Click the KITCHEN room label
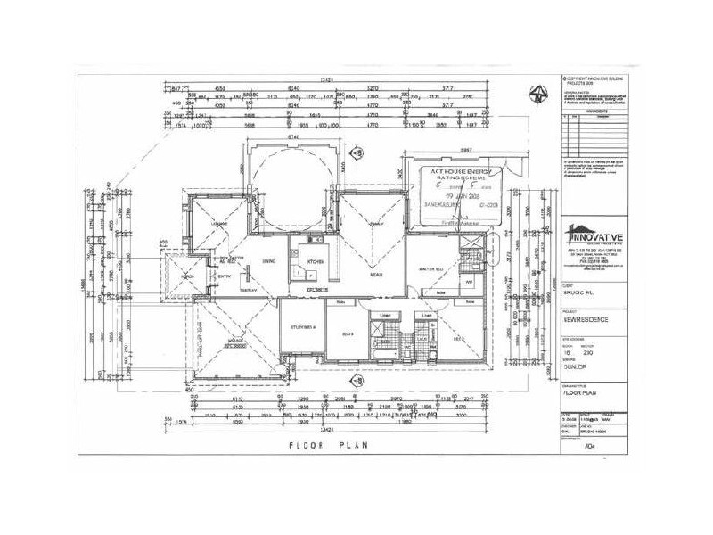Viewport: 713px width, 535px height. coord(314,261)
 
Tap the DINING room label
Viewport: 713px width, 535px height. coord(267,261)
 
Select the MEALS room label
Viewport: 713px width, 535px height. coord(376,276)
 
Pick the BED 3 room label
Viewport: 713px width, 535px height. coord(348,333)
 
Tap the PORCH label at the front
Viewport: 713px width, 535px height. coord(186,275)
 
